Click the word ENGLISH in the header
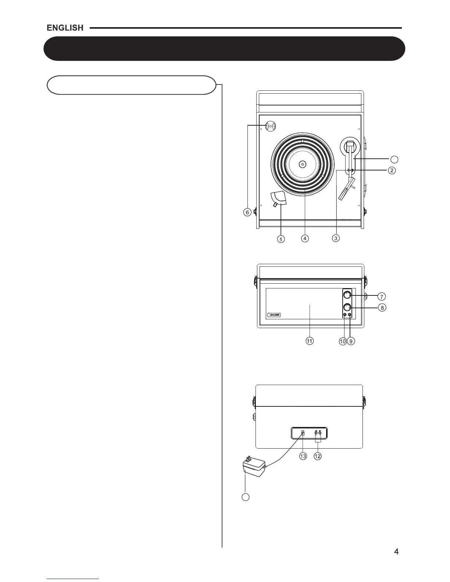[65, 28]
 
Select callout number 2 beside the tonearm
[392, 170]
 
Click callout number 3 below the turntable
[336, 238]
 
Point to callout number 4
[305, 238]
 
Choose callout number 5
[281, 239]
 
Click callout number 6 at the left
[247, 212]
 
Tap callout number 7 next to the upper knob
[382, 296]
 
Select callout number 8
[382, 308]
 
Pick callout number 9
[351, 341]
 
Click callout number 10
[343, 341]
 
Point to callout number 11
[310, 341]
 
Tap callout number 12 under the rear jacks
[318, 456]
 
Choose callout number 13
[303, 456]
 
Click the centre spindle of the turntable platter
[302, 164]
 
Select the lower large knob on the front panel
[347, 307]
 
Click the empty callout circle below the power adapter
[246, 497]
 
